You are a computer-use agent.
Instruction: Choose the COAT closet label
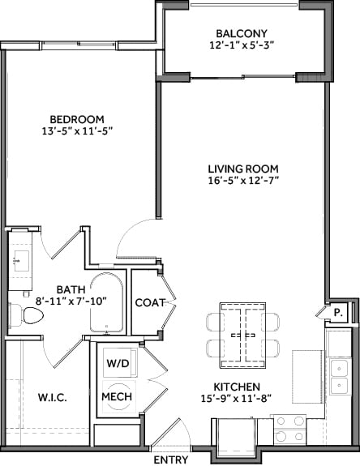(x=151, y=302)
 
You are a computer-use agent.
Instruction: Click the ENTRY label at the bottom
(x=170, y=460)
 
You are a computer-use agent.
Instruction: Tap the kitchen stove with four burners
(x=289, y=428)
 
